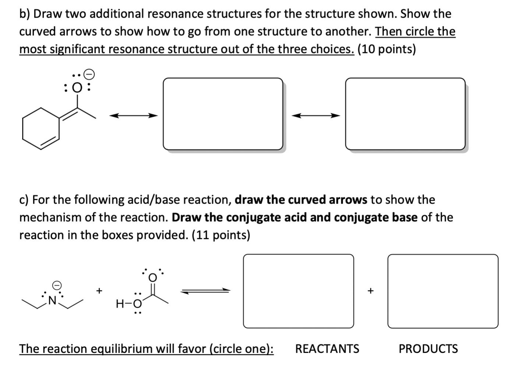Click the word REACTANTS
click(x=327, y=348)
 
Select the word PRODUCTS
click(x=428, y=348)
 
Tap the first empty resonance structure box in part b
click(x=223, y=114)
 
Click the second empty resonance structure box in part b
click(x=405, y=114)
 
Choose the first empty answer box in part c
click(x=298, y=291)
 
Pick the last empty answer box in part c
click(x=442, y=291)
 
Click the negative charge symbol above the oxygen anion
click(x=89, y=74)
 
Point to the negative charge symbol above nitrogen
click(x=57, y=285)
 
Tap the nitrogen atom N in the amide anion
click(x=53, y=301)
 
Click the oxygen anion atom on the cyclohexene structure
click(x=77, y=88)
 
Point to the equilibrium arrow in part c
click(x=205, y=291)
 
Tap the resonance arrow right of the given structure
click(x=133, y=116)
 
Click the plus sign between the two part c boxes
click(x=370, y=291)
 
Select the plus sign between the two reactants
click(x=99, y=291)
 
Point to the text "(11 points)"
click(x=220, y=235)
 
